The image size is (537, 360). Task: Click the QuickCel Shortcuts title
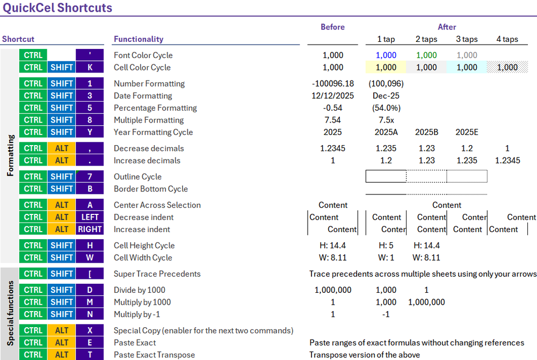(57, 8)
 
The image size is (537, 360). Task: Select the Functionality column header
(139, 39)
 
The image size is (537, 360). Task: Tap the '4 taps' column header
(507, 39)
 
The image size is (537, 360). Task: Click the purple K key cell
(90, 67)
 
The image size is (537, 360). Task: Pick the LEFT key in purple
(90, 217)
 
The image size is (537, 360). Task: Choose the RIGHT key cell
(90, 229)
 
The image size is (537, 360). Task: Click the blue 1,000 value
(386, 55)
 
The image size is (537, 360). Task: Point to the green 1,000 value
(426, 55)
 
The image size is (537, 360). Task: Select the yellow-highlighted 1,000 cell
(386, 67)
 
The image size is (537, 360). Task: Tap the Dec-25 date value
(386, 96)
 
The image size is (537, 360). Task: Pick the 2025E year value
(467, 132)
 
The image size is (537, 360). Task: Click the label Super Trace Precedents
(157, 273)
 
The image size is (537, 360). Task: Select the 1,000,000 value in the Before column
(333, 290)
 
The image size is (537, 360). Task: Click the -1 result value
(386, 314)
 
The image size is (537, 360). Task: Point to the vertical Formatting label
(10, 156)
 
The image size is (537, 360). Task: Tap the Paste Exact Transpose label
(154, 355)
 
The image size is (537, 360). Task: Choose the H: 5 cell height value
(386, 246)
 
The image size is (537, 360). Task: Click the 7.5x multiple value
(386, 120)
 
